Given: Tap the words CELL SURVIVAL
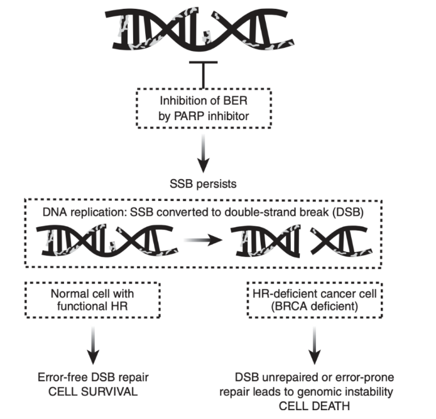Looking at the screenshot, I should pos(92,391).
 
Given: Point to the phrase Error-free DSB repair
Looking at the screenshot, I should pos(92,378).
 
